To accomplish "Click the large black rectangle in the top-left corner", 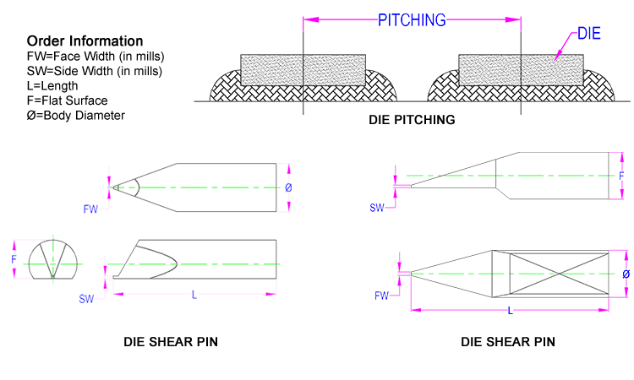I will [94, 78].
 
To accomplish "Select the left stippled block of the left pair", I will [271, 70].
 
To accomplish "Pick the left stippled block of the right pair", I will [489, 70].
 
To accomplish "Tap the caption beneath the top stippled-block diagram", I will [412, 120].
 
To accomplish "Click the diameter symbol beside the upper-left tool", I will [288, 187].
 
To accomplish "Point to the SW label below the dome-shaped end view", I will [86, 298].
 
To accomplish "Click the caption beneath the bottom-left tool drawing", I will [171, 342].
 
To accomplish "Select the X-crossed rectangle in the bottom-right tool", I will [559, 274].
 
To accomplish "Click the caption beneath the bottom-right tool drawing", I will [507, 342].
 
